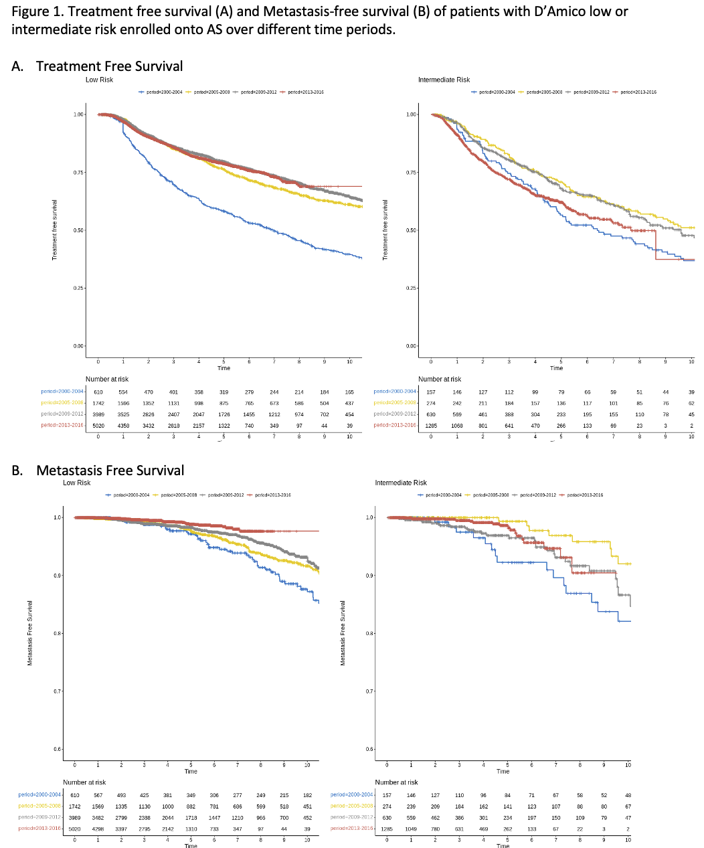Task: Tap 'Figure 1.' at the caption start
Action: (x=36, y=12)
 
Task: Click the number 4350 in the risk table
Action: (x=123, y=426)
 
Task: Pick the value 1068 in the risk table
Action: (x=457, y=426)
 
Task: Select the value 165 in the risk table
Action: (x=349, y=392)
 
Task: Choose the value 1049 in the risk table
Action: (x=411, y=829)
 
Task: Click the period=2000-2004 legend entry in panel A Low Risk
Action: (x=161, y=92)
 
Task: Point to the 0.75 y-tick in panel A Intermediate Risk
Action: (x=412, y=173)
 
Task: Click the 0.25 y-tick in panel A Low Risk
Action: (x=79, y=288)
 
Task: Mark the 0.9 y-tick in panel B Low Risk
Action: (x=58, y=576)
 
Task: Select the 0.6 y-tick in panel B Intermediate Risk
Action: (x=370, y=750)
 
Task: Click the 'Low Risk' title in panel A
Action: (x=99, y=80)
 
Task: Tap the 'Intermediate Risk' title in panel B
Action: (x=401, y=483)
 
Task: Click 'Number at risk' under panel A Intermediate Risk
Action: (x=440, y=379)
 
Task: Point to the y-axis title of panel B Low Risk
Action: (x=30, y=632)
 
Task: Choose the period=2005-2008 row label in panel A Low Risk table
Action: (x=62, y=403)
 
